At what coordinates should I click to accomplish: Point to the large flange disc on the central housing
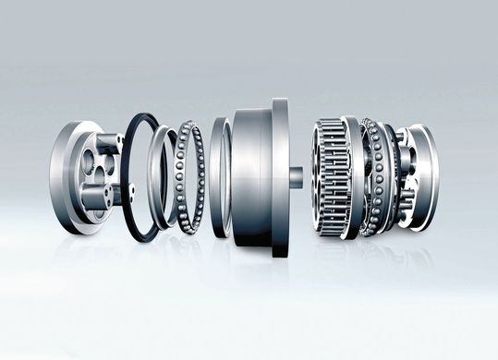(x=280, y=175)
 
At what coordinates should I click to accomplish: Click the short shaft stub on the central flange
(x=296, y=175)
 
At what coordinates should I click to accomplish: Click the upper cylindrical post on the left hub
(x=108, y=143)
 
